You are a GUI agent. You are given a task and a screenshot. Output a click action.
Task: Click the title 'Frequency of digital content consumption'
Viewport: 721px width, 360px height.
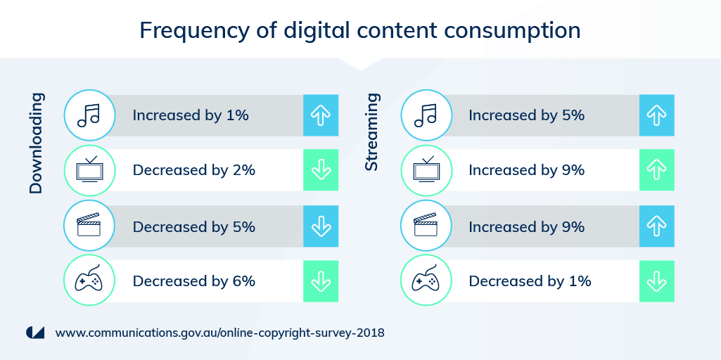point(360,31)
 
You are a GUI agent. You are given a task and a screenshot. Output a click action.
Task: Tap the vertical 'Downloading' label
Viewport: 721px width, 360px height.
point(37,143)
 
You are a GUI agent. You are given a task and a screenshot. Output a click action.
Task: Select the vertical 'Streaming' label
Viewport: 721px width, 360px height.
point(371,131)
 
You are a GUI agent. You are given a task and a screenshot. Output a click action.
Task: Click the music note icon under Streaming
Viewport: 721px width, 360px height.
point(426,115)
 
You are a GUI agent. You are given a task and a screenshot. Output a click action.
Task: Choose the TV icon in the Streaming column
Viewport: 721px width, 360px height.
point(426,170)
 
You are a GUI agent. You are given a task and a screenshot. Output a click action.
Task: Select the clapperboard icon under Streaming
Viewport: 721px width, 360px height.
point(426,226)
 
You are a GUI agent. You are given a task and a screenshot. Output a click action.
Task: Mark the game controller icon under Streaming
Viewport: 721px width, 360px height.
point(426,281)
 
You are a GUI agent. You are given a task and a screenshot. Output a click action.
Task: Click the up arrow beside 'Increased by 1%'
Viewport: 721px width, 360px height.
point(321,115)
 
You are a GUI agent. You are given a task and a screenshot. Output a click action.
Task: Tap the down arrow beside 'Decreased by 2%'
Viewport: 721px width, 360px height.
point(321,170)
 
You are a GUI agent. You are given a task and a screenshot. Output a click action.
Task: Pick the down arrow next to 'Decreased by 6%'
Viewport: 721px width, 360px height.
point(321,281)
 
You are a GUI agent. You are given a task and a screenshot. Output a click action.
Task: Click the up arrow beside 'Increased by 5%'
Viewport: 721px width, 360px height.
point(656,115)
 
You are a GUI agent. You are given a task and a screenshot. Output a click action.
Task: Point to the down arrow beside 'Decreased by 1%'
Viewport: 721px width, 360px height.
point(656,281)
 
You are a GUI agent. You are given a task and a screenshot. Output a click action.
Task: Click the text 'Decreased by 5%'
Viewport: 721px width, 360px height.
point(193,227)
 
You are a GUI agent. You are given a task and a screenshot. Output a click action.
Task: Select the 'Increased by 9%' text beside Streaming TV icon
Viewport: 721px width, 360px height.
point(527,170)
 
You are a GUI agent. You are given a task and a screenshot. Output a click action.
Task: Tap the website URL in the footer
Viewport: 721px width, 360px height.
point(220,333)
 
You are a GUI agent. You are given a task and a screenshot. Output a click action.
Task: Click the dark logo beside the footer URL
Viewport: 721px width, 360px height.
point(35,333)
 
